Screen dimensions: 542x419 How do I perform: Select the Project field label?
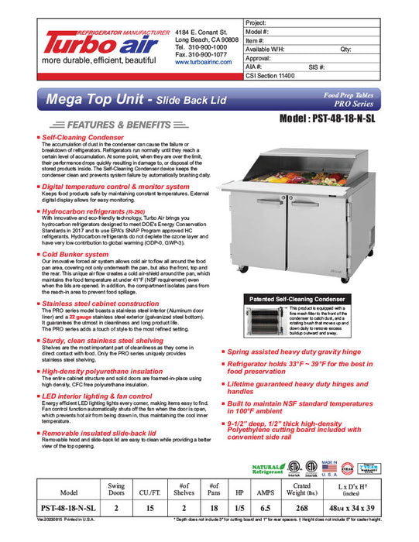(x=256, y=23)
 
